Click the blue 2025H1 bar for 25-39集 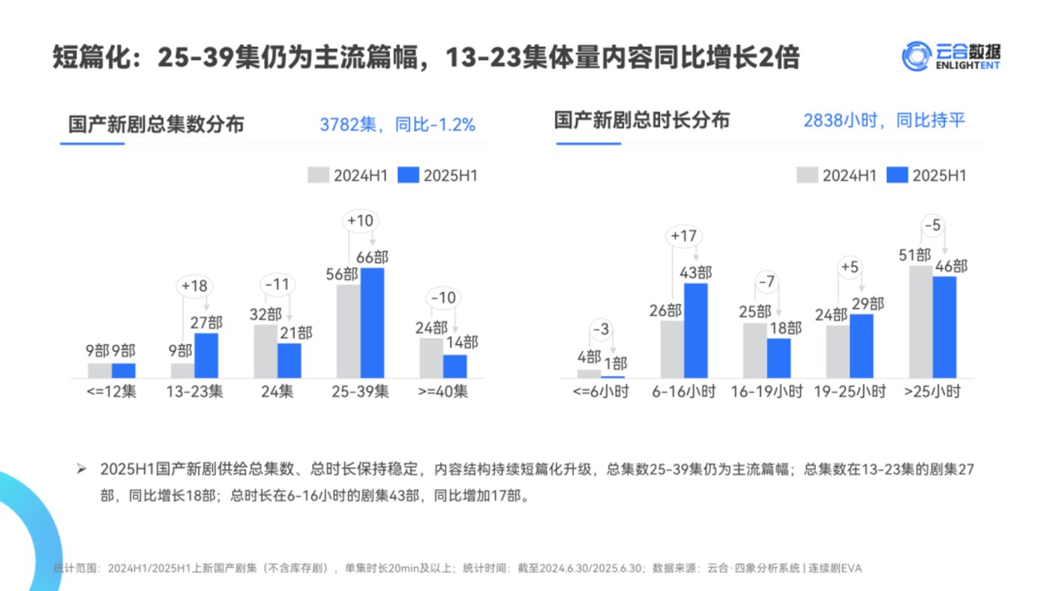372,322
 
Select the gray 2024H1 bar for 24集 265,351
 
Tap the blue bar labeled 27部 206,355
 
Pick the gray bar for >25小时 920,321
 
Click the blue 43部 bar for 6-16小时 696,330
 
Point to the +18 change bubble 195,286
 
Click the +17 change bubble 684,235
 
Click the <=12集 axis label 112,391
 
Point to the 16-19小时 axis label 767,391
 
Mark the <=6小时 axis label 601,391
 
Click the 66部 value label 372,256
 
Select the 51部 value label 915,254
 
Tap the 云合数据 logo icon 916,56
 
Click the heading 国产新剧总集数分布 156,124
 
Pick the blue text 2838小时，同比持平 883,121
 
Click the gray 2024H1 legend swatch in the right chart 806,175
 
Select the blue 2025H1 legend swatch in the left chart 407,175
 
